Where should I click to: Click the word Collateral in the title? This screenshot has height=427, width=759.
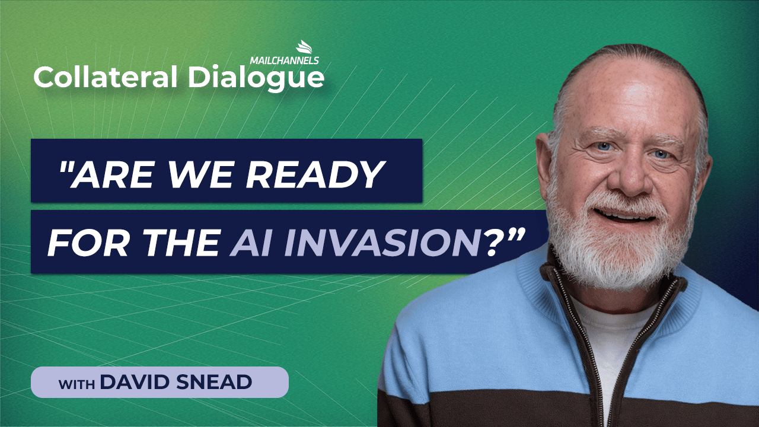click(x=106, y=77)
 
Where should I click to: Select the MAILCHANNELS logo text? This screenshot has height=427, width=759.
click(x=284, y=60)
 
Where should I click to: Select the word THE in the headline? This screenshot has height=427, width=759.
click(x=179, y=243)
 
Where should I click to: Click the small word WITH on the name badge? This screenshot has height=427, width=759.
click(x=76, y=385)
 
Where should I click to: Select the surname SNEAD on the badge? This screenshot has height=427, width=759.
click(x=214, y=382)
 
